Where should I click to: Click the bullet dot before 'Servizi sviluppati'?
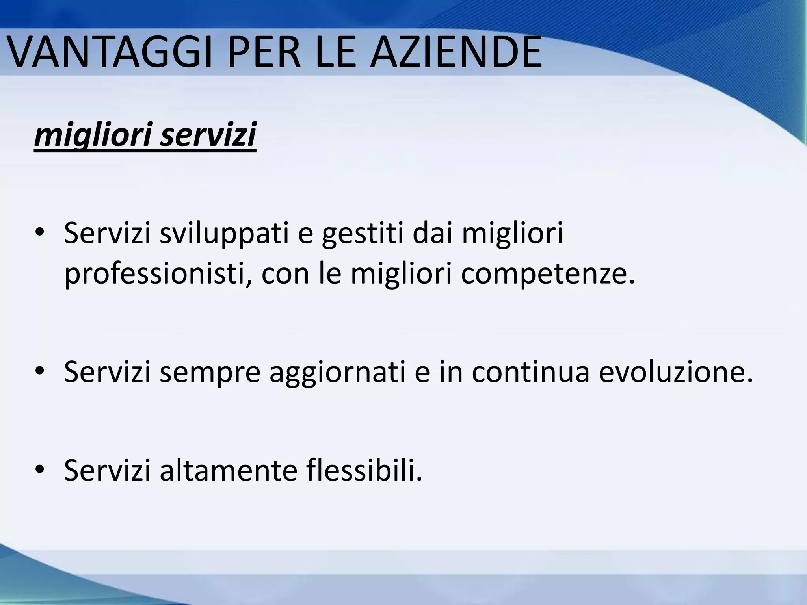pos(40,234)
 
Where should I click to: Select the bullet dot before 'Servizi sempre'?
pos(40,372)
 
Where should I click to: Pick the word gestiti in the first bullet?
pos(363,234)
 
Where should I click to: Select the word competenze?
pos(548,274)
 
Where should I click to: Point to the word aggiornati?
pos(337,373)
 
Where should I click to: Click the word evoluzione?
pos(676,372)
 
